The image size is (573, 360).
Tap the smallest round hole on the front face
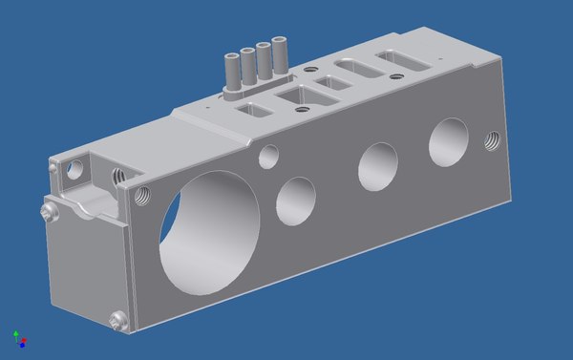coord(269,153)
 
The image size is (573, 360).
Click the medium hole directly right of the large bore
coord(296,196)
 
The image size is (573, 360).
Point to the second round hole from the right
coord(377,166)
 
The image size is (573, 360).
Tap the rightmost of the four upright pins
coord(280,53)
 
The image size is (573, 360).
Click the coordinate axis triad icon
coord(19,338)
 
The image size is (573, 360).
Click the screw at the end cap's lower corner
coord(117,322)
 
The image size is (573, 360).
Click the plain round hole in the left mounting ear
coord(73,170)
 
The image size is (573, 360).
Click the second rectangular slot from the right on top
coord(357,71)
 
